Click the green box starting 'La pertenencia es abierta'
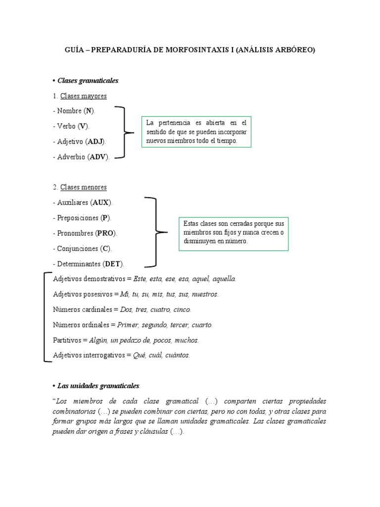point(196,132)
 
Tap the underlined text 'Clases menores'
point(84,187)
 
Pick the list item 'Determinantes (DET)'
point(88,264)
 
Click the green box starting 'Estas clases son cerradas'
point(234,232)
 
